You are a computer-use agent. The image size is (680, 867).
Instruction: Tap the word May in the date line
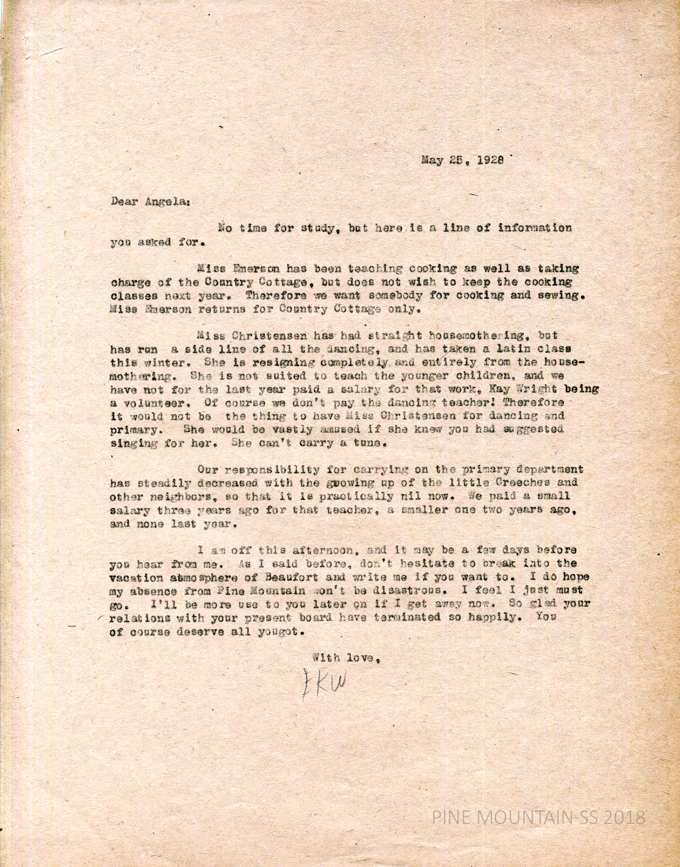coord(431,160)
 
